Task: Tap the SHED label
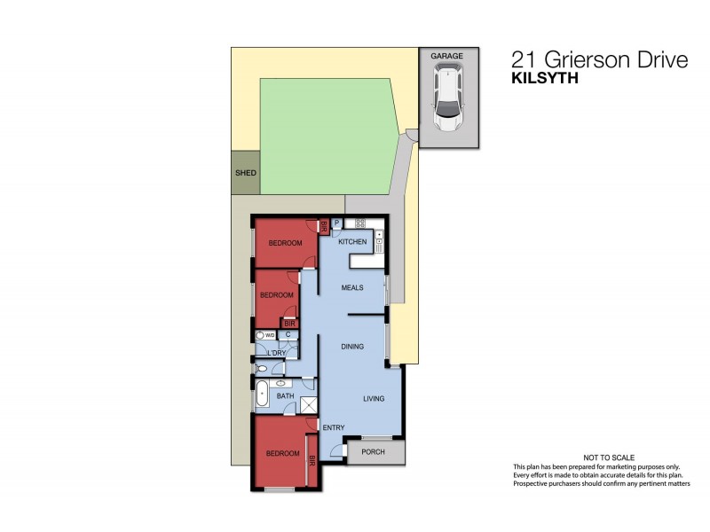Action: (245, 174)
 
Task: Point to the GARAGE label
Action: (447, 56)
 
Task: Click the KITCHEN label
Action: (352, 242)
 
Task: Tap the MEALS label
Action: (352, 287)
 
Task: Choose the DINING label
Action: (352, 347)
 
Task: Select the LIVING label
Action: (374, 398)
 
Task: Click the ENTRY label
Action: (333, 428)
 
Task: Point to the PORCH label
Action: (374, 453)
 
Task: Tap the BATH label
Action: (285, 396)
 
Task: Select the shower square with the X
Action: (308, 406)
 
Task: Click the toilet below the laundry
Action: (262, 368)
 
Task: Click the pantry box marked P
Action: (337, 224)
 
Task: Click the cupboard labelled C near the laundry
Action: (288, 335)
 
